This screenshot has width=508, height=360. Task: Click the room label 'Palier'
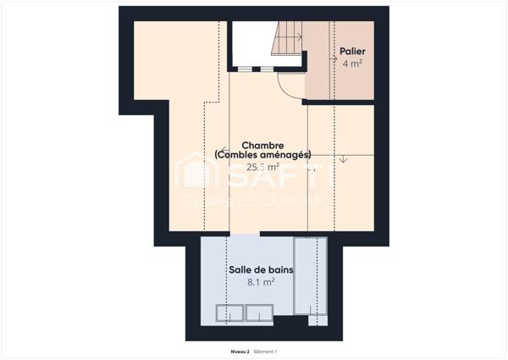pos(352,51)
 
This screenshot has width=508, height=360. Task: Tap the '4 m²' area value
pos(352,64)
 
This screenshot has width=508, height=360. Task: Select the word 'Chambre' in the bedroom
pos(262,145)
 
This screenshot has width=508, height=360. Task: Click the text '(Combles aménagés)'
pos(262,155)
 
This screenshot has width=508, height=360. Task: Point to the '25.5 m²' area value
pos(262,167)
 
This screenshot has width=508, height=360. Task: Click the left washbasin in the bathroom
pos(229,315)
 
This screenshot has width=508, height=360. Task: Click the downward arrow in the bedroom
pos(342,158)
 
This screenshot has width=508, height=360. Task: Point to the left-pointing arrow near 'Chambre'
pos(221,147)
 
